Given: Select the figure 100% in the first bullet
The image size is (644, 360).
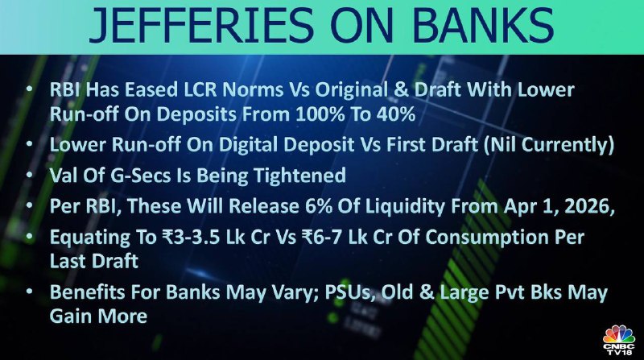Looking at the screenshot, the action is coord(320,114).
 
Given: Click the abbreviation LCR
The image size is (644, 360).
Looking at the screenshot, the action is coord(200,90).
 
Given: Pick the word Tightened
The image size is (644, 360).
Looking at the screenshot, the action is coord(299,176).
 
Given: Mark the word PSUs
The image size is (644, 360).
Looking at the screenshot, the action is coord(350,293).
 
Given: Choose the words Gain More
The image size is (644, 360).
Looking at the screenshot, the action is coord(98,316).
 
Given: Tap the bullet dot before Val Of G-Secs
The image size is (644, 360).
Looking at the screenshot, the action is coord(30,175).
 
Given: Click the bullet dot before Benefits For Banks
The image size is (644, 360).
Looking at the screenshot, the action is coord(30,292).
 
